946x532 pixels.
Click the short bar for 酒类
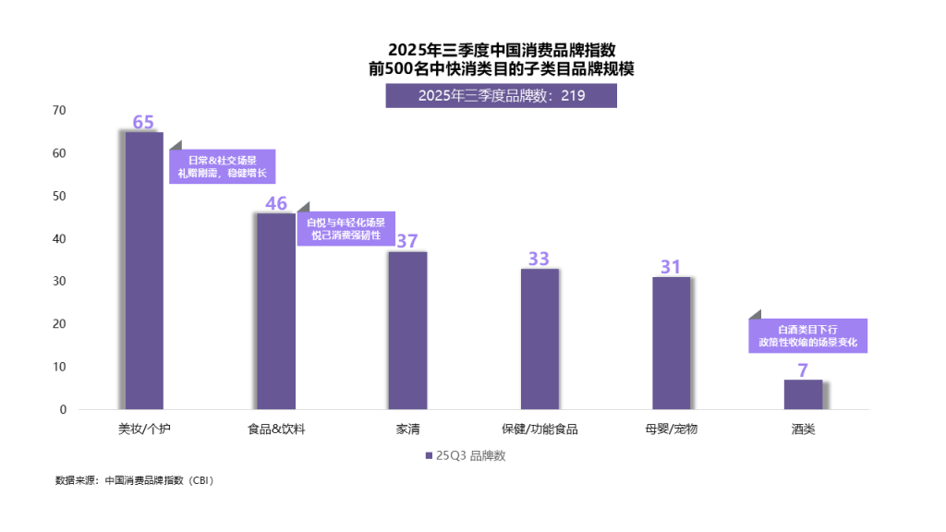pos(803,394)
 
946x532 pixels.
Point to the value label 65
pos(143,122)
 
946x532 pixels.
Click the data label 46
pos(275,203)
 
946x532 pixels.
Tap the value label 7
pos(803,369)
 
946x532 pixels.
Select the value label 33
pos(540,259)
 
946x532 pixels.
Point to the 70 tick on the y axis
pos(60,110)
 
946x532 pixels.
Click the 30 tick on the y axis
pos(60,282)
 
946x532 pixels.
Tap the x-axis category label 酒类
pos(803,429)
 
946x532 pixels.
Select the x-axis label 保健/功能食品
pos(540,429)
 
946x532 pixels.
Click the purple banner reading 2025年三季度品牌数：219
pos(501,95)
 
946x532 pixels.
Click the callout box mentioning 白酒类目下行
pos(807,335)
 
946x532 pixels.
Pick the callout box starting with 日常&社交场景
pos(222,166)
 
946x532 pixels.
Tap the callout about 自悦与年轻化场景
pos(346,228)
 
